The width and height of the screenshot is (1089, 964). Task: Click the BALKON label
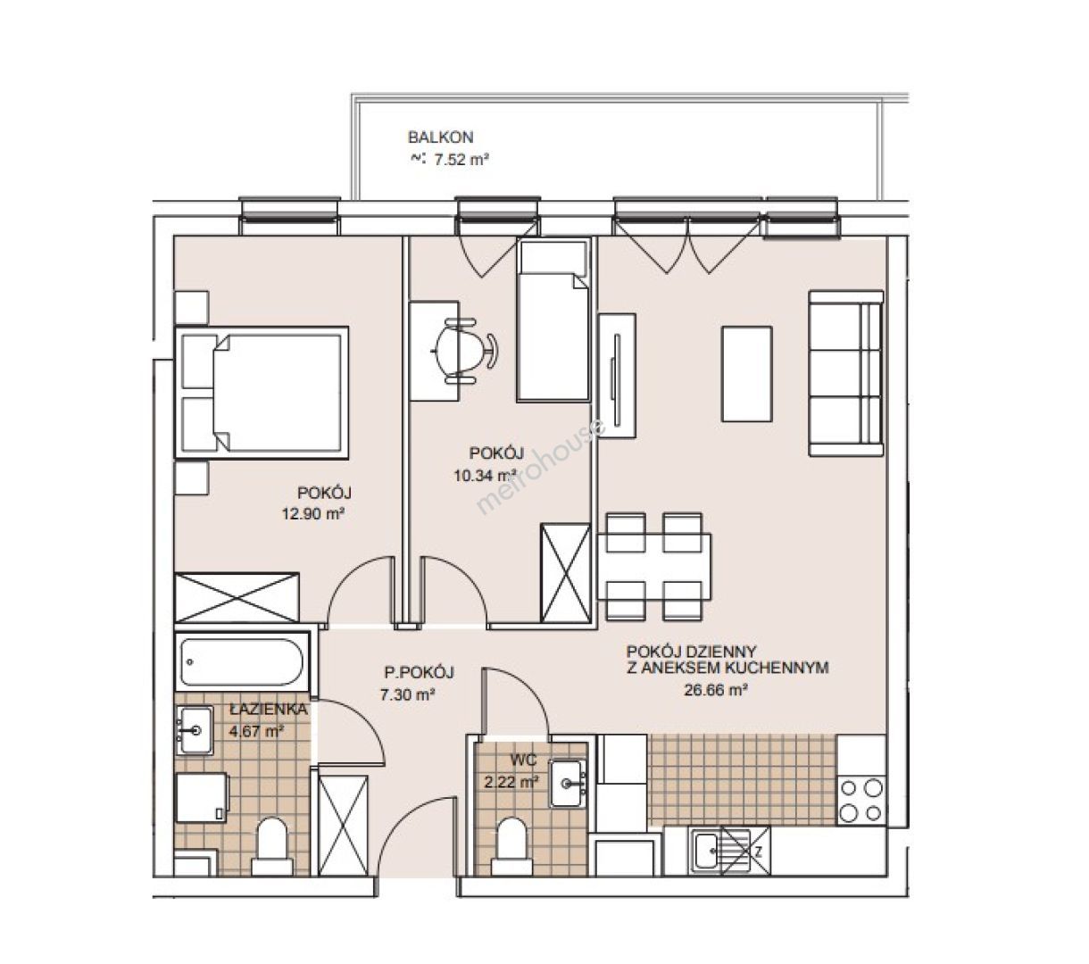pos(440,137)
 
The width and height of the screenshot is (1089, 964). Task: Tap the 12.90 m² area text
pos(312,513)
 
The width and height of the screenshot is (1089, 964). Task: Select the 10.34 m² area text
pos(485,475)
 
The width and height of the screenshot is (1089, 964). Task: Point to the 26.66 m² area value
pos(715,690)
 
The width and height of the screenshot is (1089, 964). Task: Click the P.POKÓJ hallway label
pos(419,672)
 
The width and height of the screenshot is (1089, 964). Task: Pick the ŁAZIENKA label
pos(268,709)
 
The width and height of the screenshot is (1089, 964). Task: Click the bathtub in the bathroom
pos(243,661)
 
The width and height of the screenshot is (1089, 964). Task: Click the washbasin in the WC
pos(567,783)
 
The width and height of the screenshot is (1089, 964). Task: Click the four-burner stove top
pos(861,801)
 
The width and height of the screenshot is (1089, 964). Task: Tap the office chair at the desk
pos(464,350)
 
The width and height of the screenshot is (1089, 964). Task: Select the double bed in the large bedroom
pos(262,393)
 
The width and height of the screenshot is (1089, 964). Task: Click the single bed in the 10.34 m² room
pos(553,320)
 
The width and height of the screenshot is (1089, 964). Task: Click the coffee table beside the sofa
pos(746,374)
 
